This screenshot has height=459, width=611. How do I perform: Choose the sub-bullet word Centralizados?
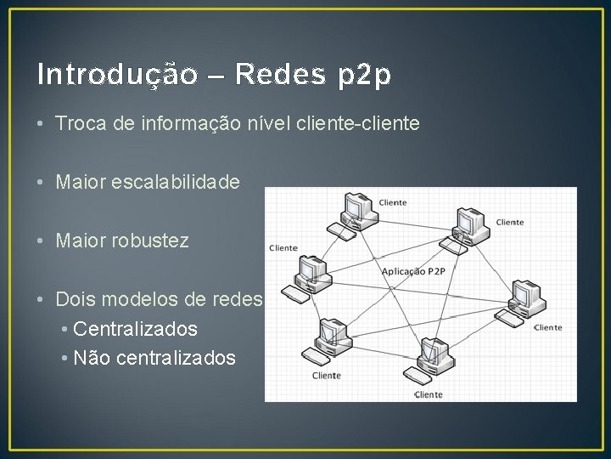tap(136, 329)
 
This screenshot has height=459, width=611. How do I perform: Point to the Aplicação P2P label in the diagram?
tap(413, 271)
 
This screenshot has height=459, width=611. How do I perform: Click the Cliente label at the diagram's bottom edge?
tap(429, 394)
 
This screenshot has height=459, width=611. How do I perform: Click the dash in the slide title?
tap(215, 76)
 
